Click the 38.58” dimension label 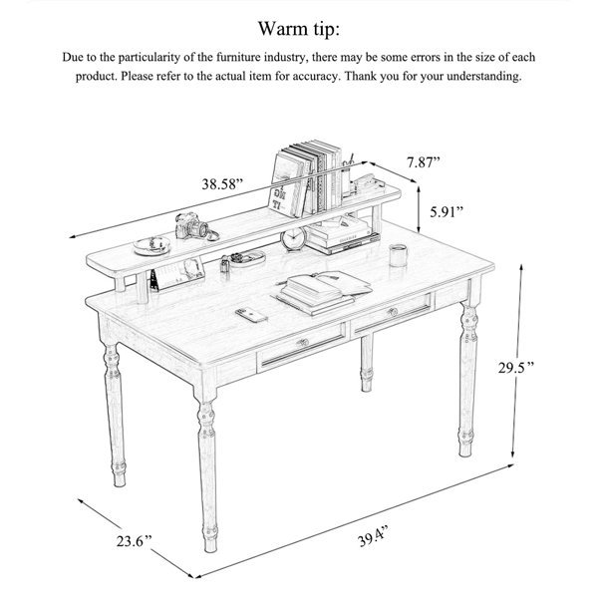(222, 184)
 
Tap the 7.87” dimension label (423, 162)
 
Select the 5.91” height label (447, 211)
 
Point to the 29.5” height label (516, 367)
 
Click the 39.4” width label (373, 536)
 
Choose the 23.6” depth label (134, 541)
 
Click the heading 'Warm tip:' (299, 29)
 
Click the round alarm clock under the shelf (293, 239)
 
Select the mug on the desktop (398, 255)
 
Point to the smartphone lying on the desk (251, 315)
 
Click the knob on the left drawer (303, 342)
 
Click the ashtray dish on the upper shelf (151, 245)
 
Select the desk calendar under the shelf (176, 273)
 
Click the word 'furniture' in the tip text (238, 57)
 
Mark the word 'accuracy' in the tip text (315, 77)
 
